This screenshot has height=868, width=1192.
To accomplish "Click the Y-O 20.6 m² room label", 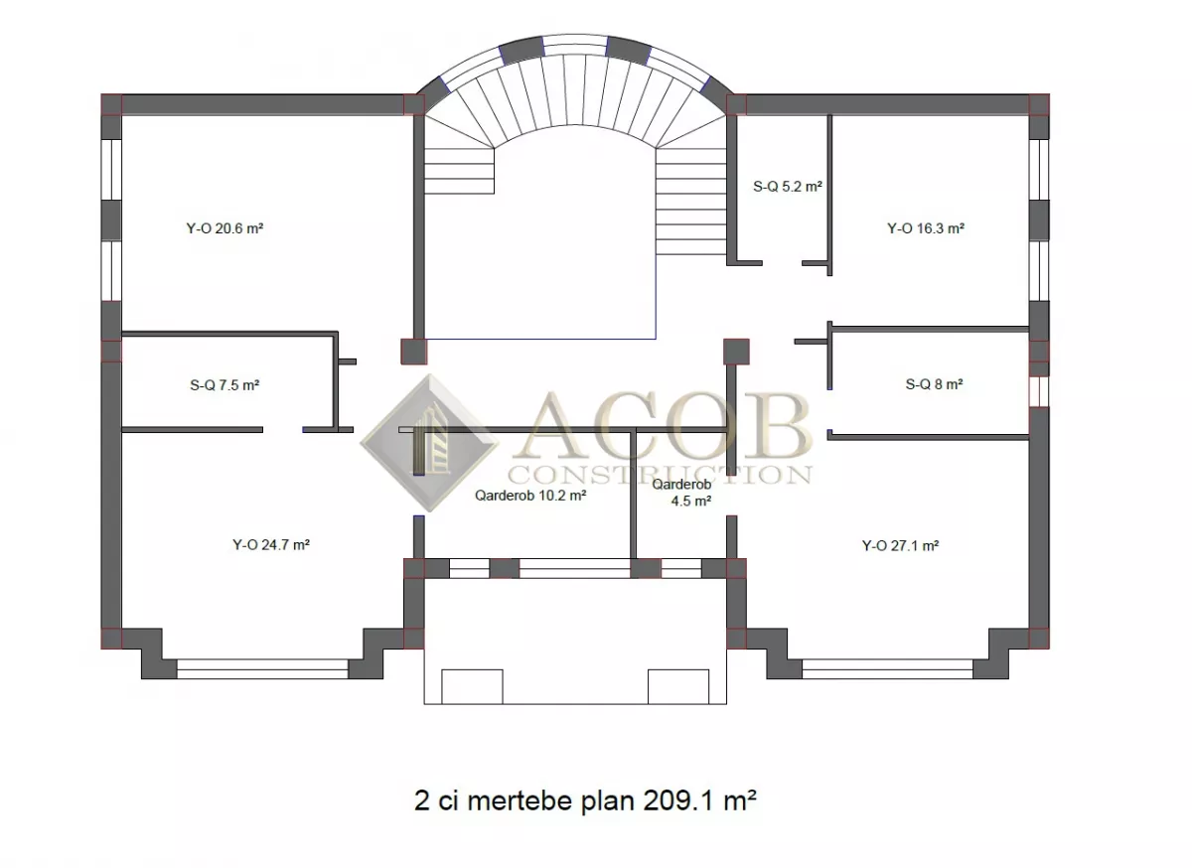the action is point(224,228).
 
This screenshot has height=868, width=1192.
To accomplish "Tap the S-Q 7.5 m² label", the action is point(224,384).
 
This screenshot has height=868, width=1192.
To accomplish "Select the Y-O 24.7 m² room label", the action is point(271,545).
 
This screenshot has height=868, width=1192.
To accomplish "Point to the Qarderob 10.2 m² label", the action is point(530,496).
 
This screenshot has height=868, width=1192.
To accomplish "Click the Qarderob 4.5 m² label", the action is point(682,493).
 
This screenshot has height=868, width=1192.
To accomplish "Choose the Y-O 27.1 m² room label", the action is point(900,545).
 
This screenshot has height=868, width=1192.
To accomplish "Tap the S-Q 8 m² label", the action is point(935,384).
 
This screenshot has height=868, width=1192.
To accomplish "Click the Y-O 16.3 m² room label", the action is point(926,228).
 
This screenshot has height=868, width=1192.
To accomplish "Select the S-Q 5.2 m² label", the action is point(788,187).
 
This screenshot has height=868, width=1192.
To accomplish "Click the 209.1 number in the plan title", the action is point(677,799).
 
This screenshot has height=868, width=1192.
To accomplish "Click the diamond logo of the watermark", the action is point(430,443).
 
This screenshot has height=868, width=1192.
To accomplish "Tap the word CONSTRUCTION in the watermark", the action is point(660,474).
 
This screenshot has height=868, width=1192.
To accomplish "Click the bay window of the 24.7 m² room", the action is point(262,669).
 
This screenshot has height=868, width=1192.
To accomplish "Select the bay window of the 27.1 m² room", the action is point(888,669).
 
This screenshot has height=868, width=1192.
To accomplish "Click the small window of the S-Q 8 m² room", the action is point(1039,391).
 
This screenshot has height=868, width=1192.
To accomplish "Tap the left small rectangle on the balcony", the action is point(472,686).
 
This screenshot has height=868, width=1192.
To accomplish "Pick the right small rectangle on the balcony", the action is point(677,686).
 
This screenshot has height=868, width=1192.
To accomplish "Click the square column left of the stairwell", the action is point(414,352).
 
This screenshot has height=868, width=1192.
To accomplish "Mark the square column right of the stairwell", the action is point(736,352).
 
